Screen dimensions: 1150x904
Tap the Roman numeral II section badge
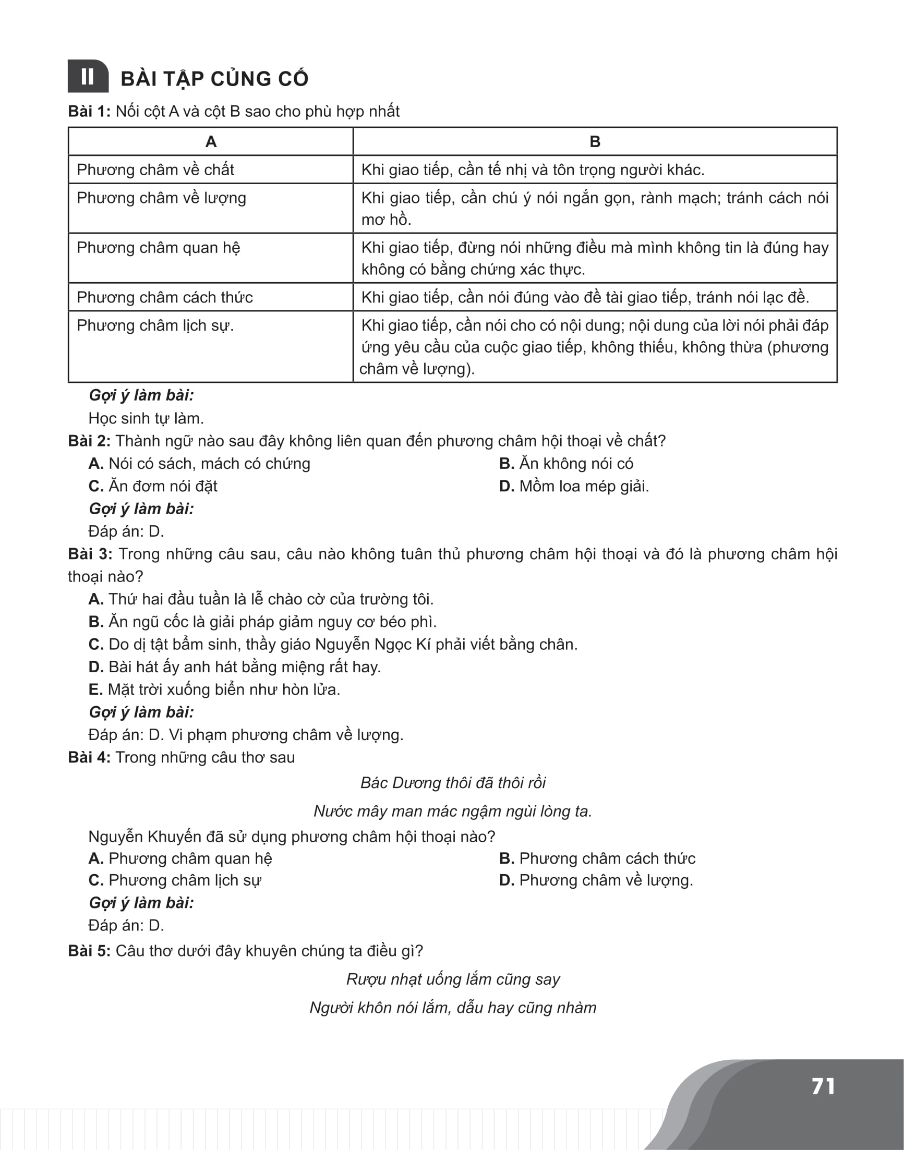(x=88, y=77)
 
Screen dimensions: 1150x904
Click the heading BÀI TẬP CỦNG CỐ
(x=214, y=79)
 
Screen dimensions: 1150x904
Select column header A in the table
(x=211, y=142)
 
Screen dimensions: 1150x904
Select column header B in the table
(x=594, y=142)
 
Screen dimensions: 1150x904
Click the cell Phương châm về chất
(x=155, y=170)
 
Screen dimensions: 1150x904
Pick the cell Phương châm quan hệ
(x=158, y=248)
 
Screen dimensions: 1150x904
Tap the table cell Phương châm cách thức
(x=165, y=297)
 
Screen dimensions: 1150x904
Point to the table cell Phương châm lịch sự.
(x=155, y=325)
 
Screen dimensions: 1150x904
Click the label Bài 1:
(x=89, y=112)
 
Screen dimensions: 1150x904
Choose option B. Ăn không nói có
(x=566, y=464)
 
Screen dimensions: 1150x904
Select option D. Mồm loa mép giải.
(x=574, y=487)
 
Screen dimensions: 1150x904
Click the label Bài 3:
(x=90, y=554)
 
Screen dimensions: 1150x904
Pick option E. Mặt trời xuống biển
(x=214, y=689)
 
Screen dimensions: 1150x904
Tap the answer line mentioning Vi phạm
(x=246, y=735)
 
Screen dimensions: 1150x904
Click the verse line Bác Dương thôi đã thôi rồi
(x=453, y=783)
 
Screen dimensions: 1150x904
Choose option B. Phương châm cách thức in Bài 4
(x=597, y=858)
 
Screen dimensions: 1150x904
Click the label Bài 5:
(x=89, y=951)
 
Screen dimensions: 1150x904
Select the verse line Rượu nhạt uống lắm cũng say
(x=453, y=979)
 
